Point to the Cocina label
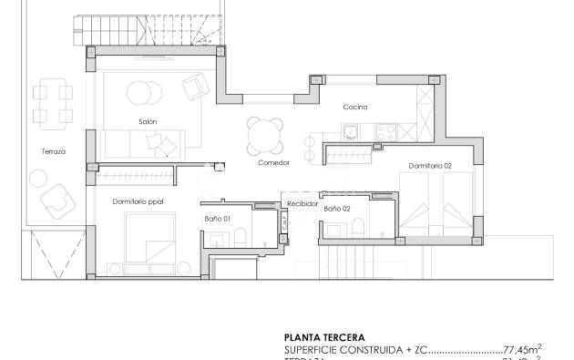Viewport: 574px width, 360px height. point(354,107)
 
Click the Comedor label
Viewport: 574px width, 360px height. point(273,163)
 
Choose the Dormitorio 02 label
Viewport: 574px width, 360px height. point(430,166)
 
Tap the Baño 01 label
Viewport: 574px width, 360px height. point(217,219)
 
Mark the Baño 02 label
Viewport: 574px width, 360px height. point(337,209)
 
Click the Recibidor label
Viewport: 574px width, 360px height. point(302,204)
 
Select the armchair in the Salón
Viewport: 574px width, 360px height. point(195,88)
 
